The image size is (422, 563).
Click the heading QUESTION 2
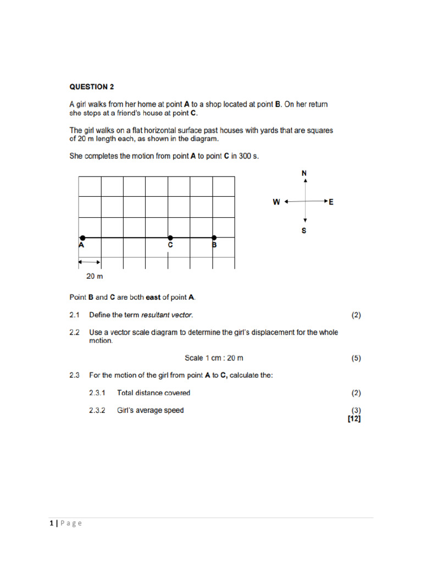(x=92, y=86)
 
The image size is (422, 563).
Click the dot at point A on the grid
(x=81, y=238)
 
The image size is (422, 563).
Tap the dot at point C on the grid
(x=170, y=238)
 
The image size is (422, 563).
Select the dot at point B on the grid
(x=214, y=238)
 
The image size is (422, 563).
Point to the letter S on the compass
(x=304, y=231)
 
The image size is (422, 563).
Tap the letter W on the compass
(x=276, y=202)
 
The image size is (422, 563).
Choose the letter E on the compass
(x=331, y=202)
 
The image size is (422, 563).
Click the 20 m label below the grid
(x=95, y=276)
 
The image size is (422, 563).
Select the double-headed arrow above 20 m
(x=90, y=261)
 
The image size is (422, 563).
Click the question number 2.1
(x=75, y=315)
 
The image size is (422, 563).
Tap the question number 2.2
(x=75, y=332)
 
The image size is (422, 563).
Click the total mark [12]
(x=354, y=418)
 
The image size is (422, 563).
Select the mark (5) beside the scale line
(x=356, y=358)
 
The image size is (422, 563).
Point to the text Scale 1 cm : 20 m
(x=214, y=358)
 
